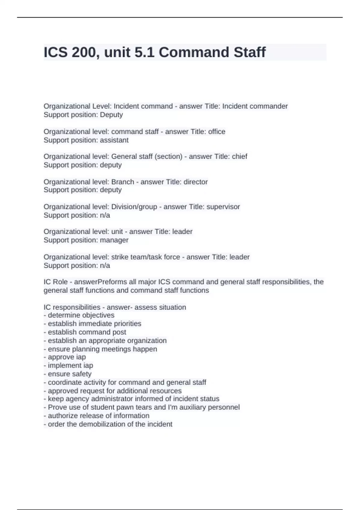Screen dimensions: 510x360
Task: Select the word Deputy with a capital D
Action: (x=111, y=115)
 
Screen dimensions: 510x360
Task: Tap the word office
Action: (x=217, y=132)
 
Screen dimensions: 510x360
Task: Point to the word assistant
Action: (x=114, y=140)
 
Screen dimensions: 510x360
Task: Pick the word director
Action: (x=196, y=182)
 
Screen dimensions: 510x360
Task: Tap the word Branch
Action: (x=123, y=182)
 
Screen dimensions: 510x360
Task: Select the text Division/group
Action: (x=134, y=207)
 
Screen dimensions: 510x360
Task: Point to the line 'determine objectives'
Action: (x=79, y=315)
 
